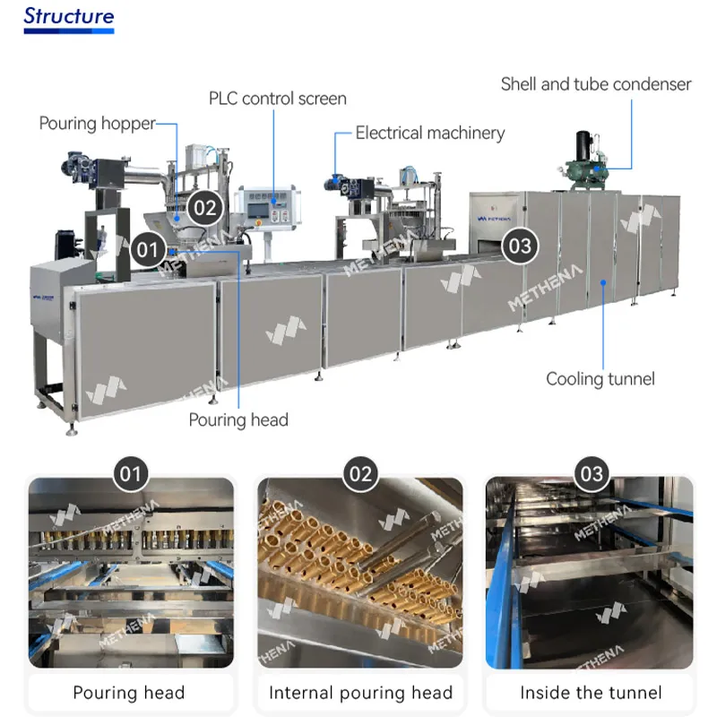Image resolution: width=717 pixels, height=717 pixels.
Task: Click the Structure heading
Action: point(69,16)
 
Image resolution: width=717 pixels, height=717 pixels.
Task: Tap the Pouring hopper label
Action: point(97,124)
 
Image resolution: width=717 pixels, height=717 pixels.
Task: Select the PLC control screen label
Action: point(277,99)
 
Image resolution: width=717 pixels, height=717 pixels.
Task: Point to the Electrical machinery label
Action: point(430,134)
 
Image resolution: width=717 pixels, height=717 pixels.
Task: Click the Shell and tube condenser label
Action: point(596,84)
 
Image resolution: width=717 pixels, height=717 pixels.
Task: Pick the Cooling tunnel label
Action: point(600,379)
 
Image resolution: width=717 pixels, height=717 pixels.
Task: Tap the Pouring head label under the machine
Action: point(238,419)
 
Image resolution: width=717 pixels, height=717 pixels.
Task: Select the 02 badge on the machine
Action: point(205,208)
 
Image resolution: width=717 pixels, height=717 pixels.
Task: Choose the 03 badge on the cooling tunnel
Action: point(519,245)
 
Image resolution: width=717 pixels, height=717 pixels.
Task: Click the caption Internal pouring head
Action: point(360,693)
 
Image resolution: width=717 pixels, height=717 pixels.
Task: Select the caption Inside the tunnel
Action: point(591,693)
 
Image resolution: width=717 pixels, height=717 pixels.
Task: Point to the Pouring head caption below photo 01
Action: point(129,693)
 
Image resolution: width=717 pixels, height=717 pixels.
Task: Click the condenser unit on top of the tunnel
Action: point(592,166)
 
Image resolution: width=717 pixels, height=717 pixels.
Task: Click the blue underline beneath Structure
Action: point(69,31)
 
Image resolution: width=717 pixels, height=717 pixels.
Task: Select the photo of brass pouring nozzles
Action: point(360,574)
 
